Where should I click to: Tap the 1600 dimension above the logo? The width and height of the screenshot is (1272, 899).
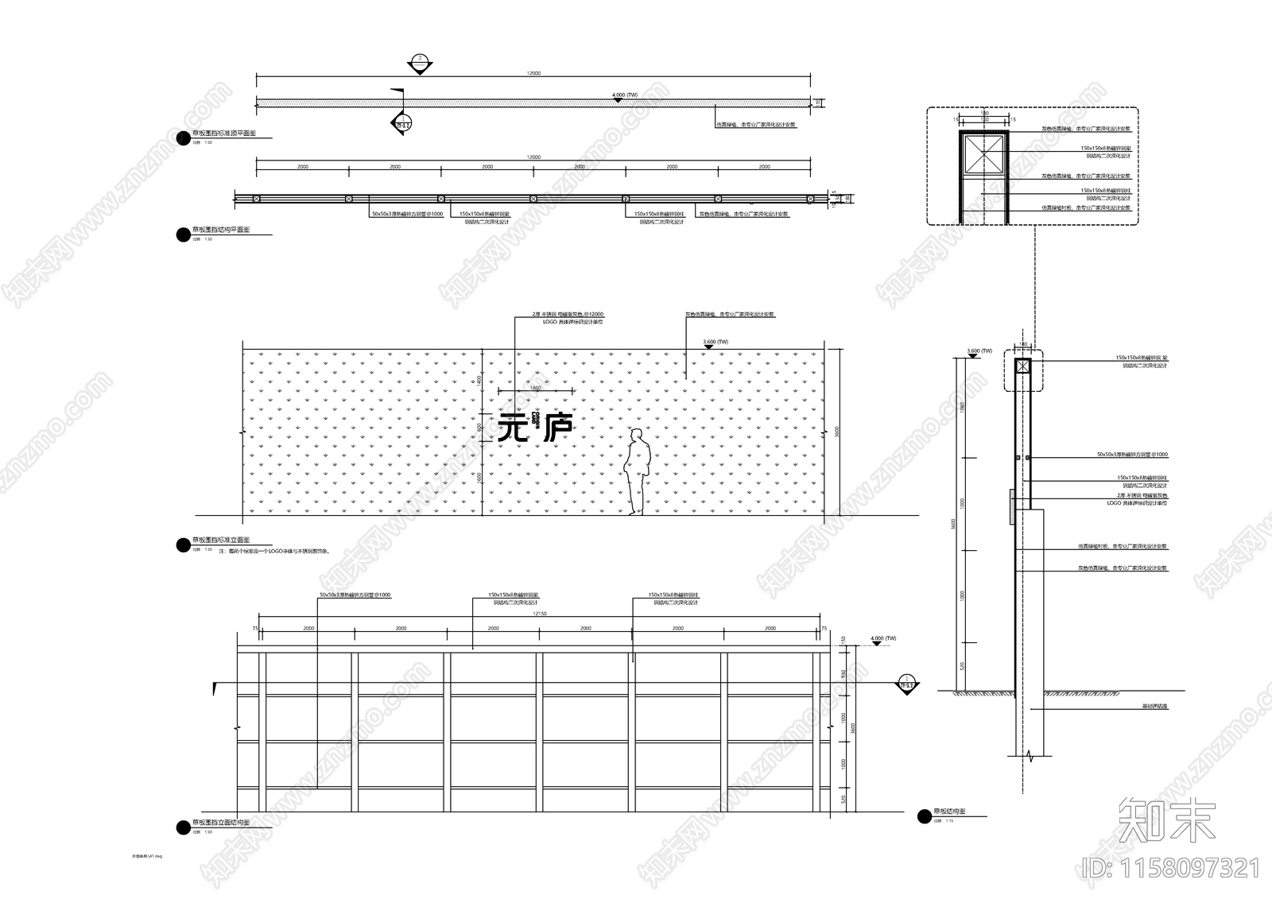(x=535, y=388)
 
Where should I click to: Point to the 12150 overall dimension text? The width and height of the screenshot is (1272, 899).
(x=539, y=614)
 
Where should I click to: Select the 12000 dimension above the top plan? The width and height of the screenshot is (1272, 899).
(x=533, y=73)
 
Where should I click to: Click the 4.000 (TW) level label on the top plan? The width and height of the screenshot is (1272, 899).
(x=625, y=95)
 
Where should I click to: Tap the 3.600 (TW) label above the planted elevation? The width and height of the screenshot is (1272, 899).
(x=715, y=342)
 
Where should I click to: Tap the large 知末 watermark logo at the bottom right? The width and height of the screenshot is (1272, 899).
(x=1166, y=821)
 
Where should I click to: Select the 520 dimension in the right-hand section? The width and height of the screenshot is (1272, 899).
(x=963, y=666)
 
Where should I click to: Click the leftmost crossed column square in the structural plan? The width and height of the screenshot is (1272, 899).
(x=256, y=199)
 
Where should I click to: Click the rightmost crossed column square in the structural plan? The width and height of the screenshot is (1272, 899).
(x=810, y=199)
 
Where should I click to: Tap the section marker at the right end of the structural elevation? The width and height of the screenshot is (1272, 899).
(x=906, y=684)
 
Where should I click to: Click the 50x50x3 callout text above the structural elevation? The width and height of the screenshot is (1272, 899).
(x=355, y=595)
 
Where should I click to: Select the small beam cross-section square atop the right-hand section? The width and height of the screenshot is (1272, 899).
(x=1022, y=366)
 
